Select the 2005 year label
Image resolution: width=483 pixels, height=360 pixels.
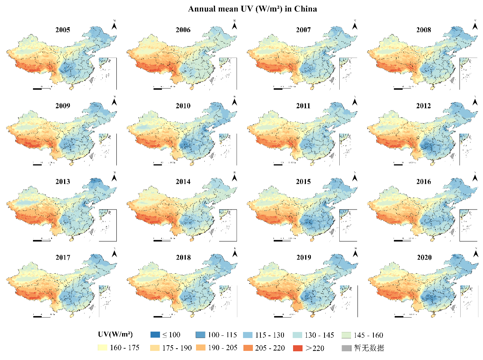[63, 30]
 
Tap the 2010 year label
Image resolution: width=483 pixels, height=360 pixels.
[183, 106]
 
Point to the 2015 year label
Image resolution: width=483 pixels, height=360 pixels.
[303, 182]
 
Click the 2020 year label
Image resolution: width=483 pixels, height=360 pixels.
[423, 258]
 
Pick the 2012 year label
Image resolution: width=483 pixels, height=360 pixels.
[423, 106]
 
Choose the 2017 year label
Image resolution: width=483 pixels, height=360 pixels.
[63, 258]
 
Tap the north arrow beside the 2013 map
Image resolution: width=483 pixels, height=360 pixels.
[114, 177]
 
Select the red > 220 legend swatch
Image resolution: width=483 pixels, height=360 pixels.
[298, 348]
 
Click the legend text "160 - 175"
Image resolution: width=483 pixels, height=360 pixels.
[125, 348]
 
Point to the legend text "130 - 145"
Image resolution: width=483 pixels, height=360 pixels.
[319, 335]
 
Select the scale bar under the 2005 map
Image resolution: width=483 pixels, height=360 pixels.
[42, 88]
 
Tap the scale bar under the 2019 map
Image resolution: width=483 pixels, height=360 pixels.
[282, 316]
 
